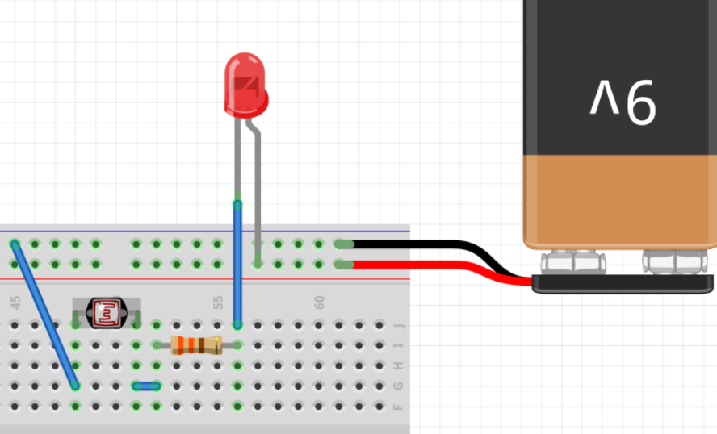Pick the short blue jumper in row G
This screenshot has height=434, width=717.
pyautogui.click(x=146, y=386)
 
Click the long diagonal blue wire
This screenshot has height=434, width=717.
pyautogui.click(x=45, y=315)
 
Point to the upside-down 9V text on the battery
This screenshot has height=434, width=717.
pyautogui.click(x=623, y=101)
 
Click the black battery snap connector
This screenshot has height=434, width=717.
pyautogui.click(x=622, y=283)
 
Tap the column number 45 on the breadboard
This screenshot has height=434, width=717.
pyautogui.click(x=15, y=302)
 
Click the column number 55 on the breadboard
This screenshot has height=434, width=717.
pyautogui.click(x=218, y=302)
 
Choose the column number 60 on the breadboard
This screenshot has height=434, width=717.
pyautogui.click(x=320, y=302)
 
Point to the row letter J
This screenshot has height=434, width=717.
pyautogui.click(x=398, y=326)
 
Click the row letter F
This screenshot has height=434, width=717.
pyautogui.click(x=398, y=407)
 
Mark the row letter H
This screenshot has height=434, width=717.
pyautogui.click(x=398, y=366)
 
